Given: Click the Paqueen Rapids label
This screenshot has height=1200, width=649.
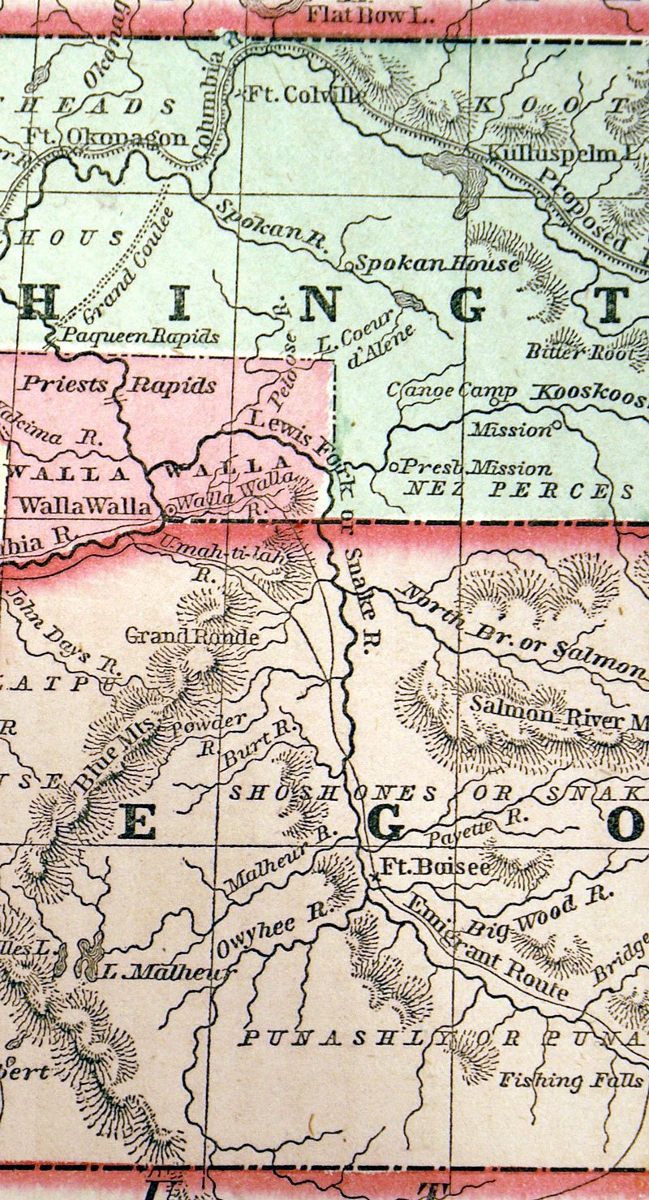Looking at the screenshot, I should [x=143, y=335].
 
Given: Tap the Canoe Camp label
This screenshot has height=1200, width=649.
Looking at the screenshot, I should [x=452, y=391].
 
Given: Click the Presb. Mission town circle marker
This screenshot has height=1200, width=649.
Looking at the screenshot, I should [x=393, y=467].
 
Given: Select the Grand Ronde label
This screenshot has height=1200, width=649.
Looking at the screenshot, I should [x=191, y=636].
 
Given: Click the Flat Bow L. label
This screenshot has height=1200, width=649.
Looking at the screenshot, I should [x=369, y=14].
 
